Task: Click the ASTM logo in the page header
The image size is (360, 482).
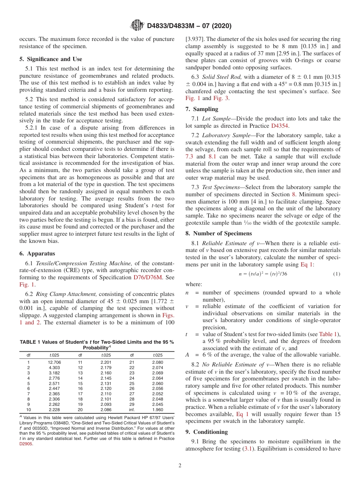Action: coord(137,25)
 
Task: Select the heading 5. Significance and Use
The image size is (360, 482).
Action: coord(51,59)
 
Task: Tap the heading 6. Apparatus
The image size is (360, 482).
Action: coord(37,254)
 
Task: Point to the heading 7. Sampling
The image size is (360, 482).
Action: coord(202,109)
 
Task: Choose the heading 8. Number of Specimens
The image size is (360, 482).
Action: coord(218,233)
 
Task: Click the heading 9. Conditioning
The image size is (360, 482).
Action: coord(207,432)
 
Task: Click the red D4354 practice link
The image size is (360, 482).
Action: coord(280,126)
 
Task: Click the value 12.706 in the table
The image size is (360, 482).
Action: coord(55,362)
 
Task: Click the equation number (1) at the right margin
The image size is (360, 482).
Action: coord(337,274)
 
